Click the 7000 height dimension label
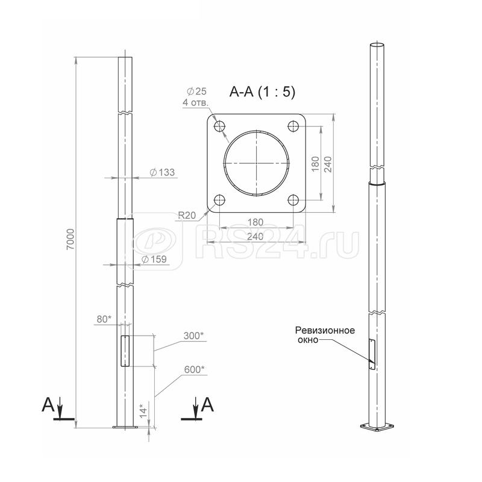point(70,239)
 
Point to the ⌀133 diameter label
point(162,172)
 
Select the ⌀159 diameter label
point(154,260)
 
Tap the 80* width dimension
point(104,319)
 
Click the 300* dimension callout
point(193,336)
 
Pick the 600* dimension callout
point(194,369)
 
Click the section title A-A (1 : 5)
point(262,92)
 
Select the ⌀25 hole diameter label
point(197,91)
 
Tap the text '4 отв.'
point(195,102)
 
